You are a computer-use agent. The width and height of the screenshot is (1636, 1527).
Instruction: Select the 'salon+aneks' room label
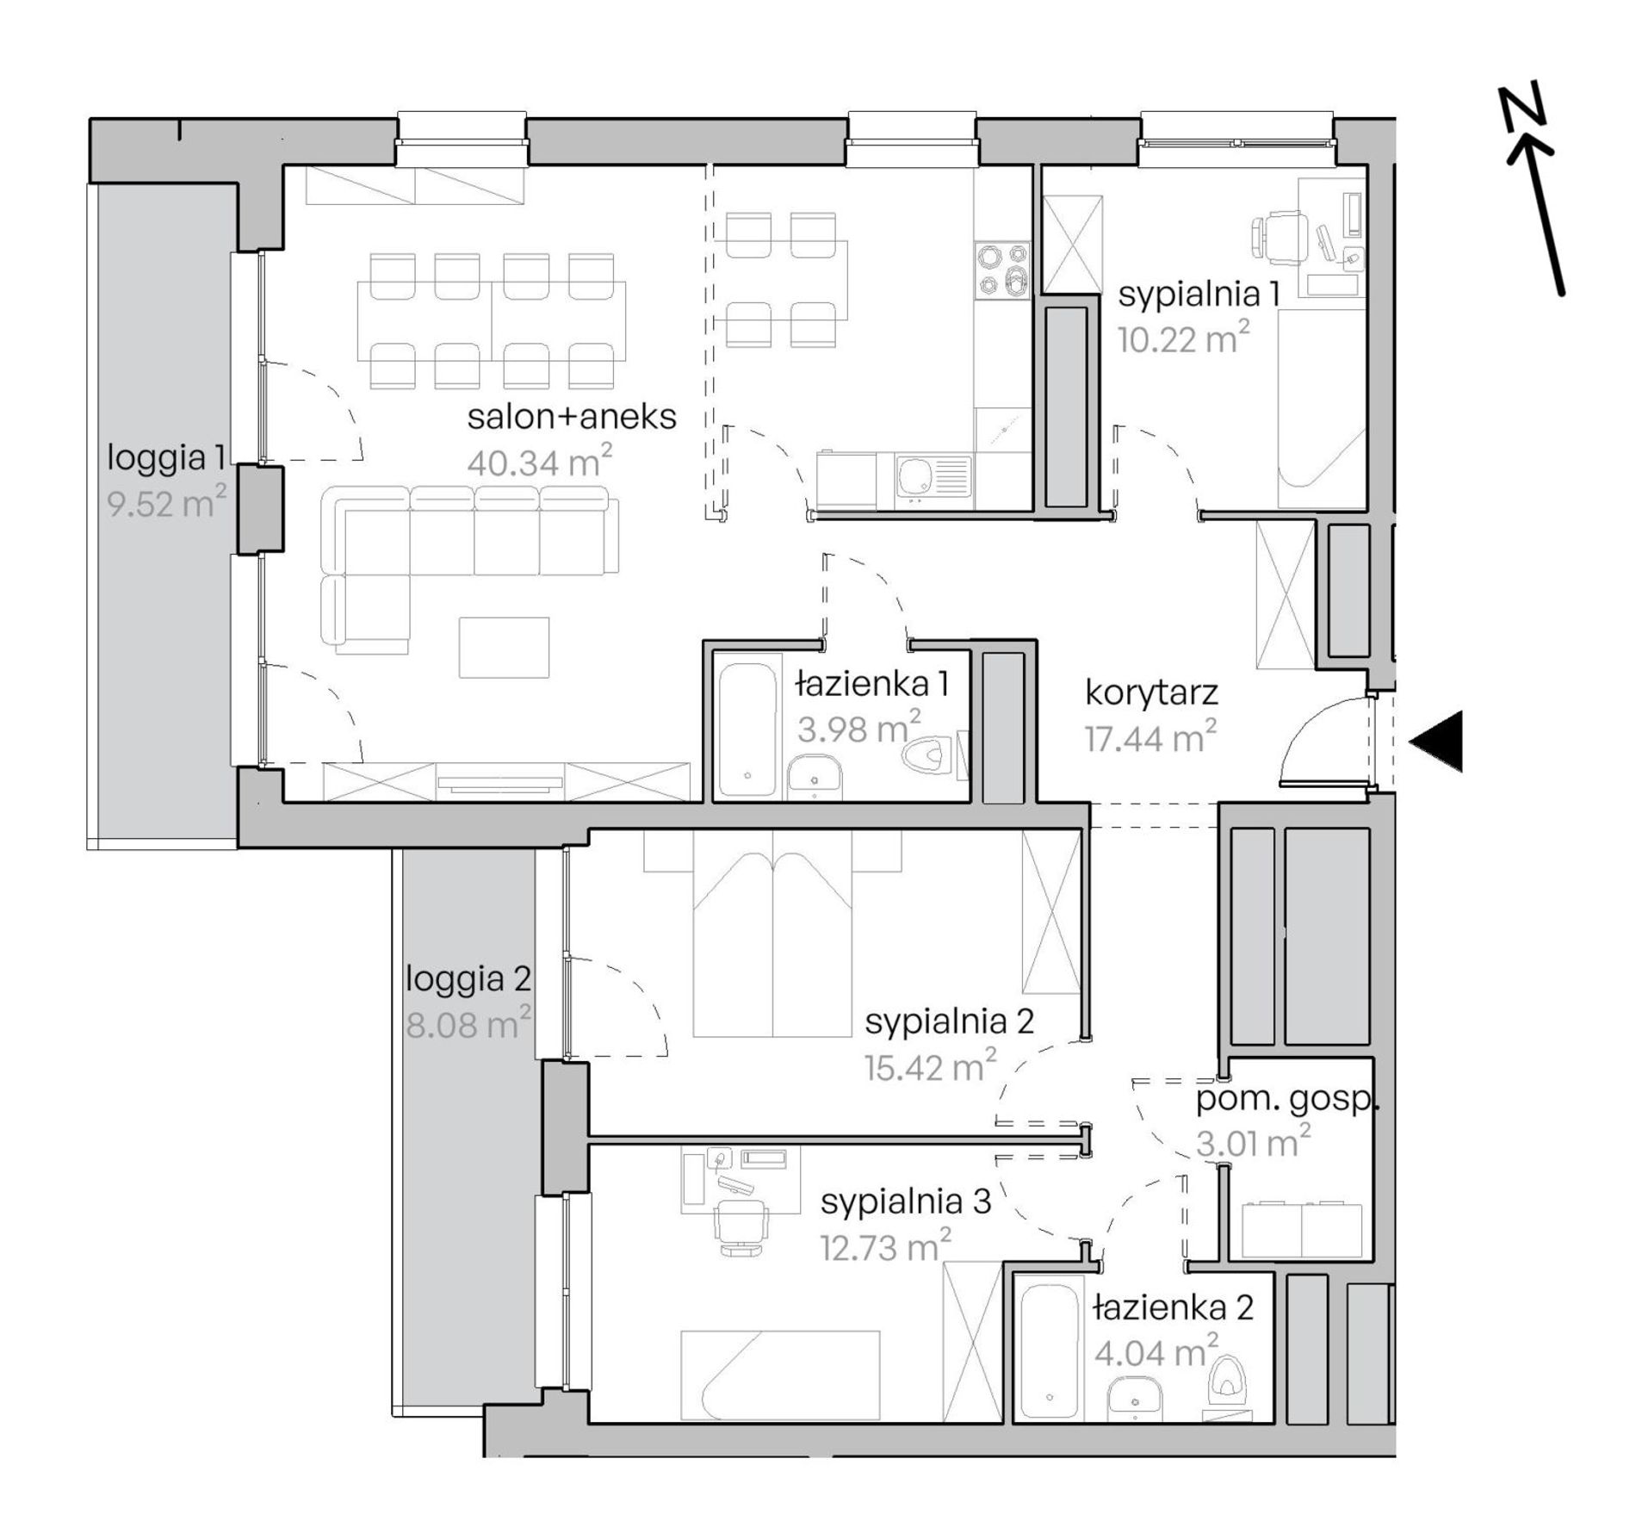pyautogui.click(x=572, y=417)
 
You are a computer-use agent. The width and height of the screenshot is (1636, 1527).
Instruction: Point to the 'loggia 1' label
pyautogui.click(x=166, y=458)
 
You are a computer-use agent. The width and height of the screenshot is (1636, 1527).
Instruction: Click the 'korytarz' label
pyautogui.click(x=1151, y=694)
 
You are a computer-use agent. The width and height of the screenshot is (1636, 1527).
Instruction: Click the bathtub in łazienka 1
pyautogui.click(x=747, y=729)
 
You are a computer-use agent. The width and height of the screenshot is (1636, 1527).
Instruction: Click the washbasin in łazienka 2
pyautogui.click(x=1136, y=1397)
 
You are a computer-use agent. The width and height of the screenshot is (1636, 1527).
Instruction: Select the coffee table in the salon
pyautogui.click(x=504, y=647)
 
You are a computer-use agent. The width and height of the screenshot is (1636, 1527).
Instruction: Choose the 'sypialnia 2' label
pyautogui.click(x=949, y=1022)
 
